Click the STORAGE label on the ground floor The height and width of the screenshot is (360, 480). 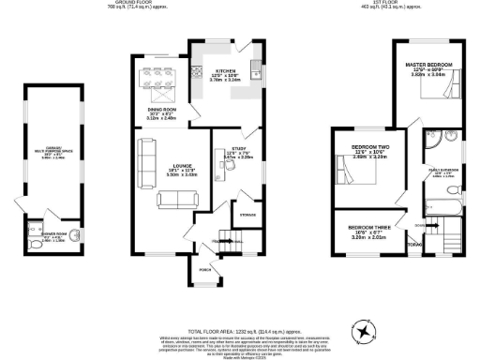247,216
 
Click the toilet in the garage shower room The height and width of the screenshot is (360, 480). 34,227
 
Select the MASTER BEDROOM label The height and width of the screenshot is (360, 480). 428,66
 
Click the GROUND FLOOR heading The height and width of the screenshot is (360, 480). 126,4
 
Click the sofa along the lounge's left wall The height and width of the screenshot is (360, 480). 146,161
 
